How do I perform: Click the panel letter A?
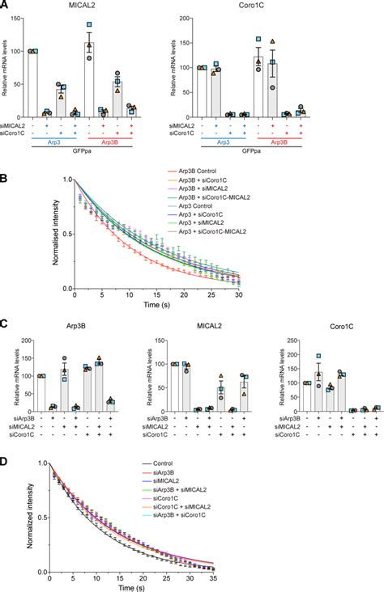6,6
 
